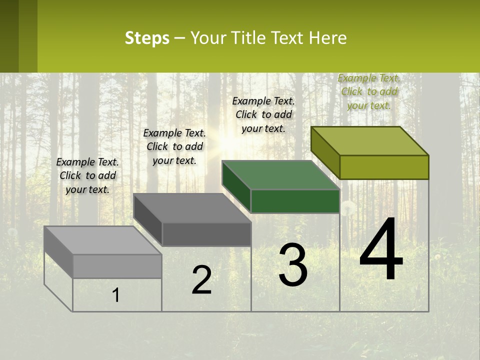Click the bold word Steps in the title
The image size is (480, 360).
[x=147, y=38]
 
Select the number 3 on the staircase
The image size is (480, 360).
[x=293, y=265]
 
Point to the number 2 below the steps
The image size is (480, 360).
[x=202, y=280]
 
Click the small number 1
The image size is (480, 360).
[x=115, y=295]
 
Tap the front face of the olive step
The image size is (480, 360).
[x=384, y=167]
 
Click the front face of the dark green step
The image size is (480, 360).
[x=295, y=201]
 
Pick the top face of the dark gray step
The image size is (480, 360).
[x=192, y=208]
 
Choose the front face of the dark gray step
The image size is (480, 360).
[x=206, y=234]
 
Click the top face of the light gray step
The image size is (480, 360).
[x=103, y=240]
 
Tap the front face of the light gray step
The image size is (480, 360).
[x=117, y=266]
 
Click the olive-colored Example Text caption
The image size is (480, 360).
[x=369, y=91]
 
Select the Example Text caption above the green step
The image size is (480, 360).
[x=263, y=114]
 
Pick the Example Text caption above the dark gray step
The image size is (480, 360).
[x=174, y=146]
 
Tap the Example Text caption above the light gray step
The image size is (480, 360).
[x=87, y=175]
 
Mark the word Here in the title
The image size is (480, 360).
[x=327, y=38]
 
